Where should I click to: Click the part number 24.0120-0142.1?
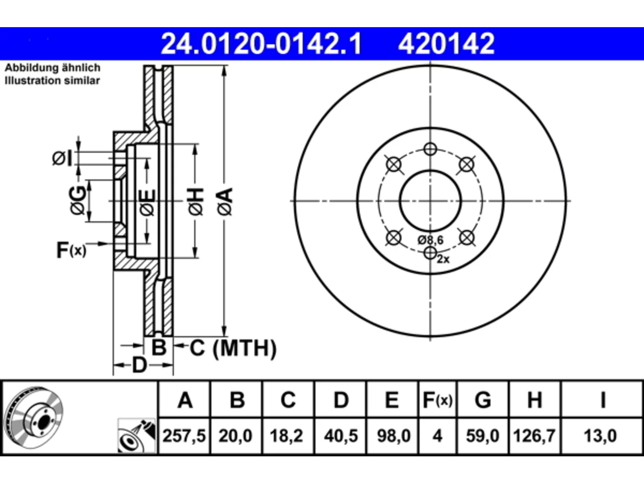click(261, 44)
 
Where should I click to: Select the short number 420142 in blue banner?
click(446, 44)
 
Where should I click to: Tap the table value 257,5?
click(184, 436)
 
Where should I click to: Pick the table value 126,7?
click(534, 436)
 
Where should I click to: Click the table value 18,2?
click(286, 436)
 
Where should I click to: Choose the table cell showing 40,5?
click(341, 436)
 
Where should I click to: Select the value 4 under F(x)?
click(437, 436)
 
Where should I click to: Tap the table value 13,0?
click(600, 436)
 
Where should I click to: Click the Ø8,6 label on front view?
click(431, 240)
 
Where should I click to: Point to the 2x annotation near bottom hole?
click(443, 259)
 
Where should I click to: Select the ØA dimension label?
click(225, 202)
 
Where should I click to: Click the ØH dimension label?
click(196, 202)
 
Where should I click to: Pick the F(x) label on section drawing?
click(71, 250)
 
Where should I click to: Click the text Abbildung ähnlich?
click(53, 68)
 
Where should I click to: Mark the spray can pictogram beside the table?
click(136, 436)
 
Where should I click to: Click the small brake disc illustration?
click(35, 418)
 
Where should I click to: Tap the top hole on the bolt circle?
click(430, 149)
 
